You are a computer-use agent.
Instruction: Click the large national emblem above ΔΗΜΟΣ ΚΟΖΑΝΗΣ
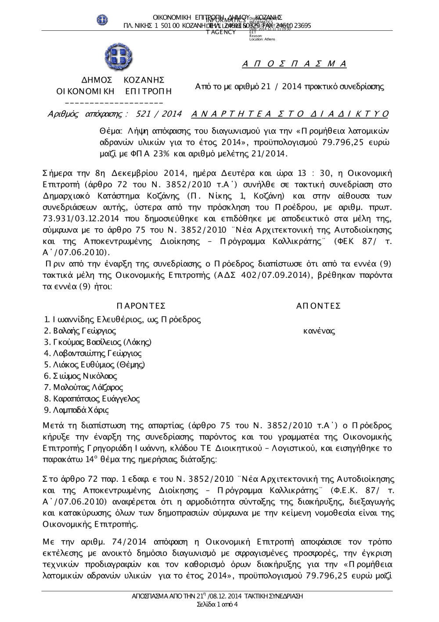pyautogui.click(x=118, y=58)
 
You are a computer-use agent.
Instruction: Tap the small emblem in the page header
pyautogui.click(x=102, y=20)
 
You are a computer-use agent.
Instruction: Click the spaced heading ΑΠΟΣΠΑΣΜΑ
pyautogui.click(x=294, y=64)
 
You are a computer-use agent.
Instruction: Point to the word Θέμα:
pyautogui.click(x=110, y=131)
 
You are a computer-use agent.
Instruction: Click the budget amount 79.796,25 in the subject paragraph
pyautogui.click(x=349, y=142)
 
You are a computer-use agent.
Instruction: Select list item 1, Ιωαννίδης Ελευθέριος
pyautogui.click(x=123, y=320)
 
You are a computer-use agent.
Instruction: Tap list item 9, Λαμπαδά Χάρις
pyautogui.click(x=77, y=410)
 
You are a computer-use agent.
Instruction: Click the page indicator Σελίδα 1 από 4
pyautogui.click(x=218, y=604)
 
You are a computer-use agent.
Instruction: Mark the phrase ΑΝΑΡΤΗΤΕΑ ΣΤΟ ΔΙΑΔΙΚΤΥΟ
pyautogui.click(x=290, y=114)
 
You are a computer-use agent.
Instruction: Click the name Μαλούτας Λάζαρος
pyautogui.click(x=88, y=388)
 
